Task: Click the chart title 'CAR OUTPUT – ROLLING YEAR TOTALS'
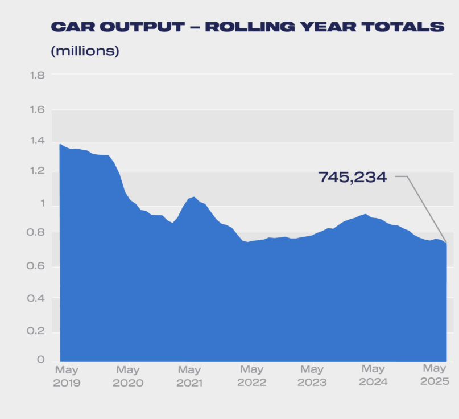[247, 27]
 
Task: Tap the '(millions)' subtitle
[85, 51]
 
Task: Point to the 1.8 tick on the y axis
[37, 76]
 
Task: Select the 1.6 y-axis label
[37, 110]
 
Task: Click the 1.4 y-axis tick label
[37, 141]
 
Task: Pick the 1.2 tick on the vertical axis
[37, 171]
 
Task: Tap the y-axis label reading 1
[43, 203]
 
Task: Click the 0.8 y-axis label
[35, 233]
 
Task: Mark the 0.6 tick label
[35, 266]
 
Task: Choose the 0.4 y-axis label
[36, 298]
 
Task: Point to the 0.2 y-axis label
[36, 331]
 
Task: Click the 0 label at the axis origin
[41, 360]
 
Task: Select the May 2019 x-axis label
[67, 376]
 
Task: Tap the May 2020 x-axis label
[128, 376]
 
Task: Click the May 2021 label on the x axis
[189, 376]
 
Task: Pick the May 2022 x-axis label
[252, 376]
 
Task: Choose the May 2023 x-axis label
[312, 376]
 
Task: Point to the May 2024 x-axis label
[373, 376]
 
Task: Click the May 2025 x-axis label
[435, 375]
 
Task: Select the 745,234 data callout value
[353, 178]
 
